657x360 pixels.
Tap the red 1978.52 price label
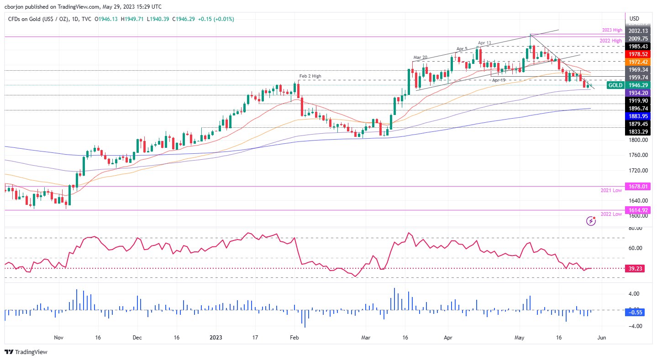(638, 53)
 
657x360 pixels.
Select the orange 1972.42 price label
(638, 62)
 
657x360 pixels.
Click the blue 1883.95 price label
(638, 116)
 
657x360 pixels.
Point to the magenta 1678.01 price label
(638, 186)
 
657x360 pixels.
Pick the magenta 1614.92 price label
(638, 210)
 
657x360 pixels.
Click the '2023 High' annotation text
(611, 30)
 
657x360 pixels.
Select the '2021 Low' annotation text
(611, 190)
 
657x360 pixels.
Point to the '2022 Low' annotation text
(611, 214)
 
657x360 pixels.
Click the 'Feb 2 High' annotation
(310, 76)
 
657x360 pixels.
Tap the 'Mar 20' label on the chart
(420, 57)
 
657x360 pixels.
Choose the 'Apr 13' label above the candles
(485, 43)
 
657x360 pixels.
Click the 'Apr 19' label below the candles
(499, 80)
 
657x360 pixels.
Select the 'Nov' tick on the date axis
(58, 338)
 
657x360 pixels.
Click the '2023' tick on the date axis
(216, 338)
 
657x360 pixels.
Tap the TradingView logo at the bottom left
(26, 352)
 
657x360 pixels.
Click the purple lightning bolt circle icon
(591, 221)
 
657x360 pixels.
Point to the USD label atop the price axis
(634, 19)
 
